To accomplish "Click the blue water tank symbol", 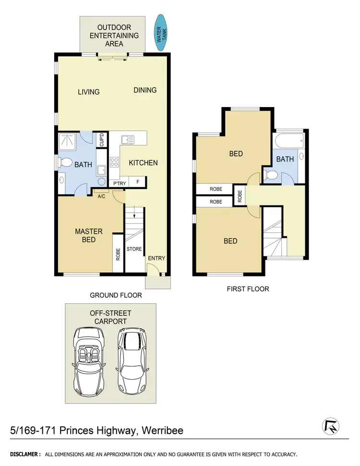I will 160,32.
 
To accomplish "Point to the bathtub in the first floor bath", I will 288,142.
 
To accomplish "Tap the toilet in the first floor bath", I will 271,175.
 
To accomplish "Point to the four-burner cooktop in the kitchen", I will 114,162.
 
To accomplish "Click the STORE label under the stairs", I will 134,249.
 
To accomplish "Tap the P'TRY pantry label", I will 118,182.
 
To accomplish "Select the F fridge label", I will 138,182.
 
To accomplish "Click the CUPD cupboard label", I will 102,140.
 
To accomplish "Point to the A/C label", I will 102,196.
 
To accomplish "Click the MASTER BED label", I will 88,236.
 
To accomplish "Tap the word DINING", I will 145,90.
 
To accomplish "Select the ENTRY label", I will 156,258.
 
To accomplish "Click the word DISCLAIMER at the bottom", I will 25,454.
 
